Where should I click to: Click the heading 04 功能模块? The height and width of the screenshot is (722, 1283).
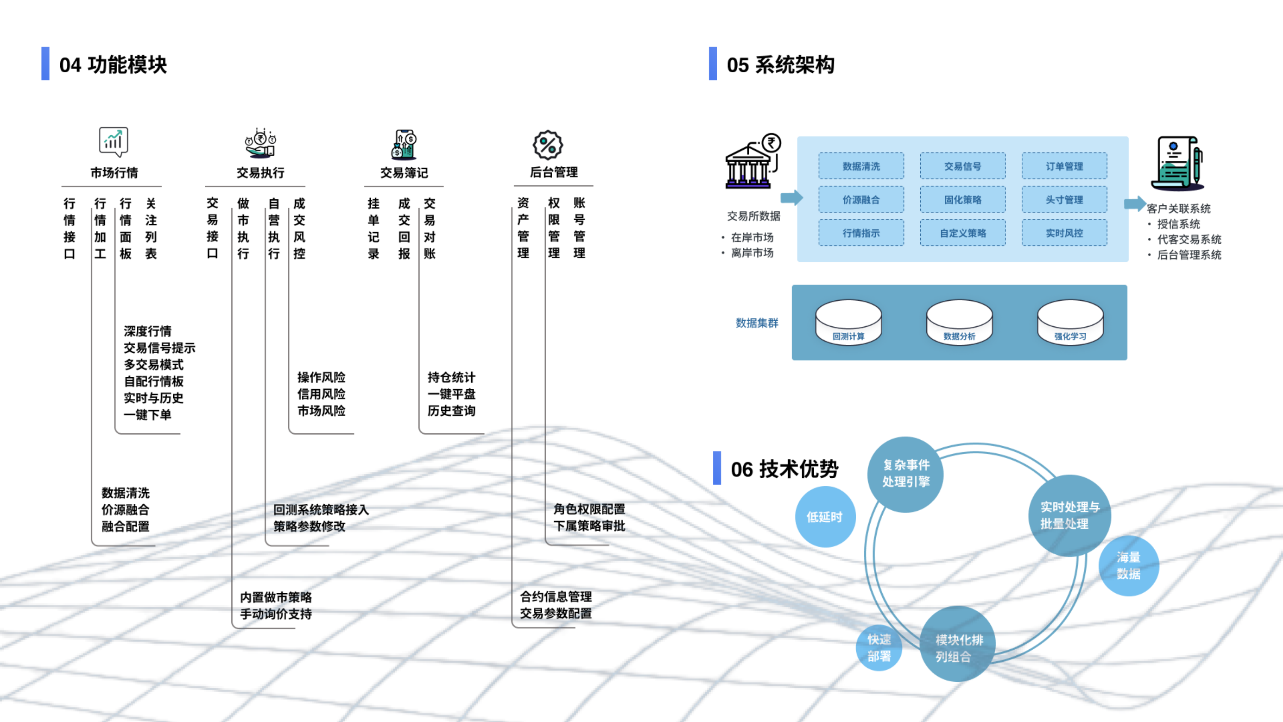[x=112, y=65]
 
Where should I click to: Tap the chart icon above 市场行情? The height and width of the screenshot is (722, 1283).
[x=114, y=142]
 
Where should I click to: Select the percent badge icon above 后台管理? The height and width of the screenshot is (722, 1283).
[x=548, y=145]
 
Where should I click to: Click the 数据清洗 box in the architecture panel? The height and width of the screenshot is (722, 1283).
[x=861, y=166]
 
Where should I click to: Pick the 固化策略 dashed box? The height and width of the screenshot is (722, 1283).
[x=963, y=199]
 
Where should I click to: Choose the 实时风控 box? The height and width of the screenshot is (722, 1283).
[x=1064, y=233]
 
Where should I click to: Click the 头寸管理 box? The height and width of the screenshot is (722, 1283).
[x=1064, y=199]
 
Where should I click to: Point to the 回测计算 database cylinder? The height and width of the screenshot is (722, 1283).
[x=848, y=323]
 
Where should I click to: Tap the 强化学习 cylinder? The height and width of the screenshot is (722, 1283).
[x=1070, y=323]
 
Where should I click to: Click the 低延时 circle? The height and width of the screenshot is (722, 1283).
[x=825, y=517]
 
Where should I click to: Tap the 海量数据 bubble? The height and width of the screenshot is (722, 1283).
[x=1129, y=565]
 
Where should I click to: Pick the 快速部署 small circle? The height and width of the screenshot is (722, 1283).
[x=879, y=647]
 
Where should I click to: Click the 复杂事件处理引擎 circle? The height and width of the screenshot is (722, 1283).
[x=906, y=474]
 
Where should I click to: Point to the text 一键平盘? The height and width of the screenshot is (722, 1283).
[x=451, y=394]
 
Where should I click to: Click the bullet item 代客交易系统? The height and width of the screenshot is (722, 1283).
[x=1189, y=240]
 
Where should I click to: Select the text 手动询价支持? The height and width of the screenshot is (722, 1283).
[x=276, y=614]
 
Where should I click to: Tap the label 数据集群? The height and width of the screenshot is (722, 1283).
[x=757, y=323]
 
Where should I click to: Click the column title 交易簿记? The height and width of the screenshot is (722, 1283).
[x=404, y=172]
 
